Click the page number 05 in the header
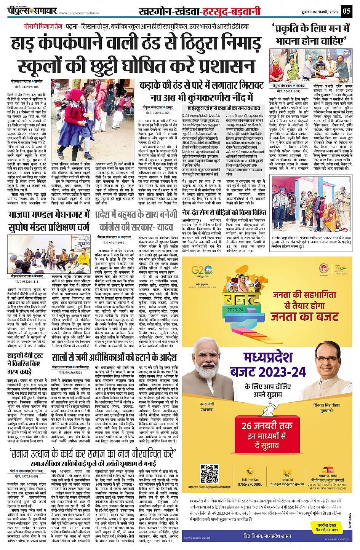pyautogui.click(x=346, y=11)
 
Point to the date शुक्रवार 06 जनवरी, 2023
pyautogui.click(x=319, y=11)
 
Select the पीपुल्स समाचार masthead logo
pyautogui.click(x=32, y=10)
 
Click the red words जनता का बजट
pyautogui.click(x=304, y=317)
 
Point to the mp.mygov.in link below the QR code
pyautogui.click(x=209, y=487)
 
